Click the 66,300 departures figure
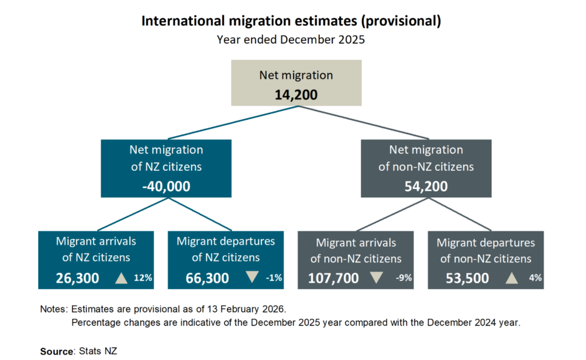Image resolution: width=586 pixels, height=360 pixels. (x=207, y=278)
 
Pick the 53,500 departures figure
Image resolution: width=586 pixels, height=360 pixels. (x=468, y=279)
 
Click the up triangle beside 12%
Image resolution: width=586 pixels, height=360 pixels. (x=121, y=278)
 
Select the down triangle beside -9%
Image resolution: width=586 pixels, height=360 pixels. (x=376, y=278)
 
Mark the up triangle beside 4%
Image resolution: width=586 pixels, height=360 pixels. (x=511, y=279)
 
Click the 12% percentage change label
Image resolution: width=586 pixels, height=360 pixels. (x=143, y=278)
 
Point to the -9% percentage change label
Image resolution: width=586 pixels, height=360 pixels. (x=403, y=279)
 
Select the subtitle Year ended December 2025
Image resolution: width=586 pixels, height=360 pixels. (x=291, y=40)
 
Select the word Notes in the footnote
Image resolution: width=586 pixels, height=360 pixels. (x=53, y=308)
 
